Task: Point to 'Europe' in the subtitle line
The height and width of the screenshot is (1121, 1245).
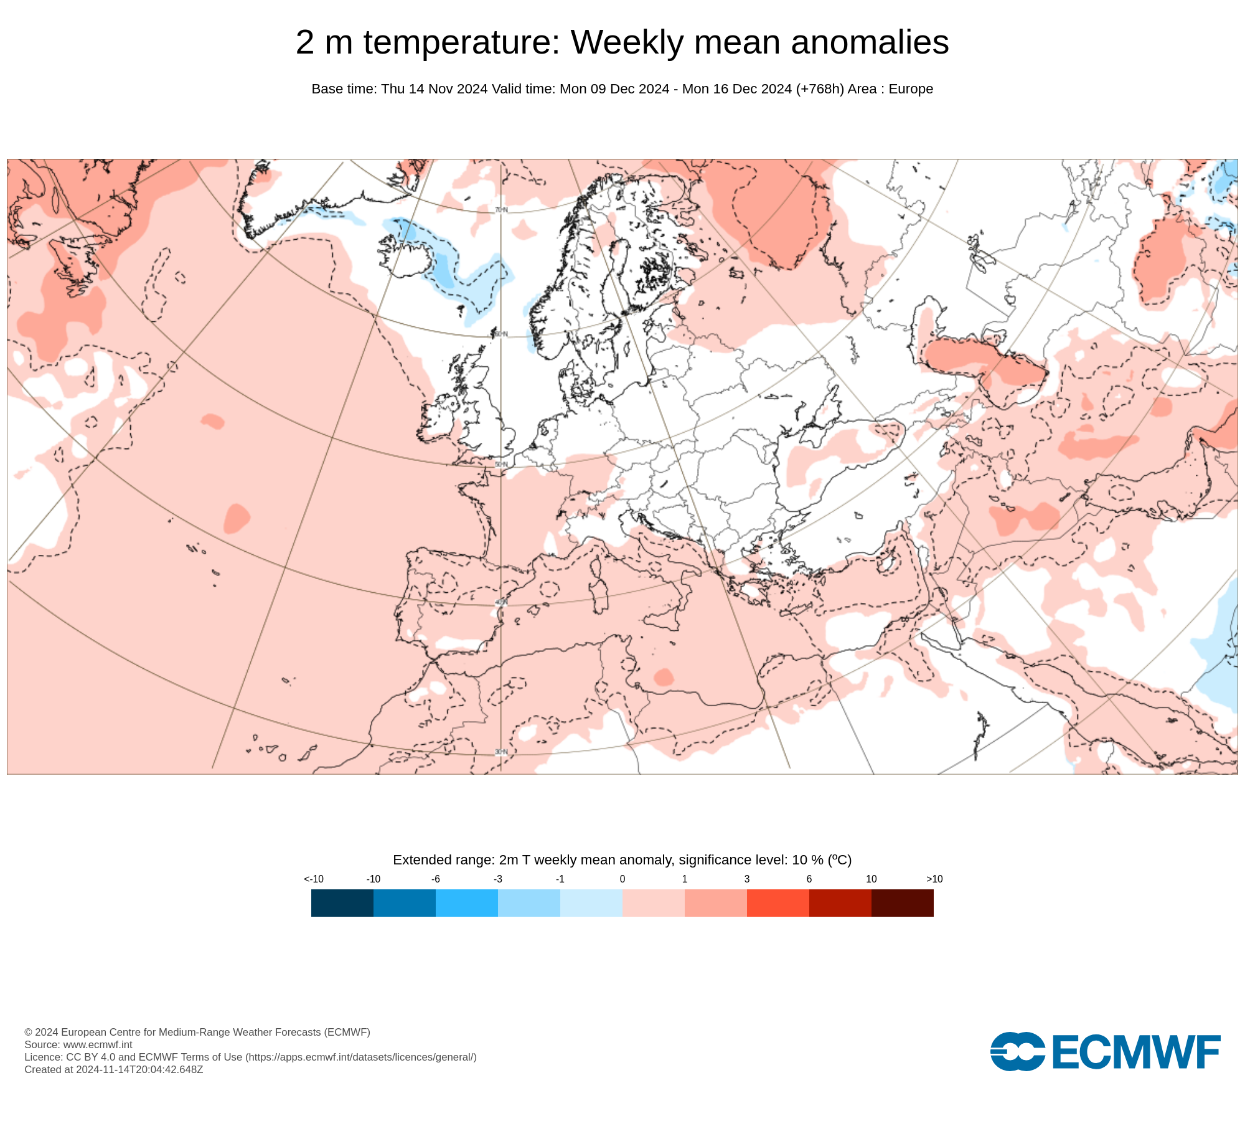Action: pyautogui.click(x=911, y=89)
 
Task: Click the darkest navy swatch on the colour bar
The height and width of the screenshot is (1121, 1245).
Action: pyautogui.click(x=342, y=902)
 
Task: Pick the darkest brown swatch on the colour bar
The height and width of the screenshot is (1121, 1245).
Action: pyautogui.click(x=902, y=902)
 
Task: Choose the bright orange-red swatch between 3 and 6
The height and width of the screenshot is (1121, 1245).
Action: pyautogui.click(x=778, y=902)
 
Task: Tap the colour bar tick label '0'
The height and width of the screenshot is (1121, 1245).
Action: pyautogui.click(x=622, y=879)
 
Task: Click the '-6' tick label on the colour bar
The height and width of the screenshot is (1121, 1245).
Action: pyautogui.click(x=436, y=879)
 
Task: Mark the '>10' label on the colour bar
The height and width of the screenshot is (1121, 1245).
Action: pyautogui.click(x=934, y=879)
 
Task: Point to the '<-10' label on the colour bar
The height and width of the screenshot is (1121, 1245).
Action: pyautogui.click(x=314, y=879)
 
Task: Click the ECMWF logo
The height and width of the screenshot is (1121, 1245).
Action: pyautogui.click(x=1105, y=1052)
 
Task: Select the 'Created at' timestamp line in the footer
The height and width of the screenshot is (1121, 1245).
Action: pyautogui.click(x=114, y=1069)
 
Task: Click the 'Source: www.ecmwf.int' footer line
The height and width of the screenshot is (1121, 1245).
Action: pyautogui.click(x=78, y=1044)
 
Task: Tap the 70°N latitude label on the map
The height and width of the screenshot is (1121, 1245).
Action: pyautogui.click(x=501, y=210)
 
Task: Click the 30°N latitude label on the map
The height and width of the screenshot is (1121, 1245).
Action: pyautogui.click(x=501, y=752)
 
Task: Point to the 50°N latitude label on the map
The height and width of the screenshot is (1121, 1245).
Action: pyautogui.click(x=501, y=465)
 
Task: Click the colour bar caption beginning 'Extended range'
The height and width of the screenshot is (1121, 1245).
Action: pyautogui.click(x=622, y=860)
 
